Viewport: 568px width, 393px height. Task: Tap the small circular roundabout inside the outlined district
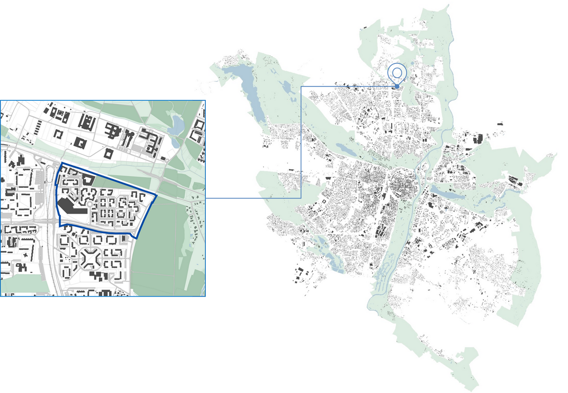(89, 204)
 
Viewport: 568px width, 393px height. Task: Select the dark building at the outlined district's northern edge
(88, 179)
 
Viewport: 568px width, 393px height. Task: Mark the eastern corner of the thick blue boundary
(157, 195)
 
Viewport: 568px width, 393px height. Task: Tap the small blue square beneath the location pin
(397, 87)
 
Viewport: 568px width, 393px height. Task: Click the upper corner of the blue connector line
(302, 87)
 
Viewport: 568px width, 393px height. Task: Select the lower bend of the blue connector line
(302, 198)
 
